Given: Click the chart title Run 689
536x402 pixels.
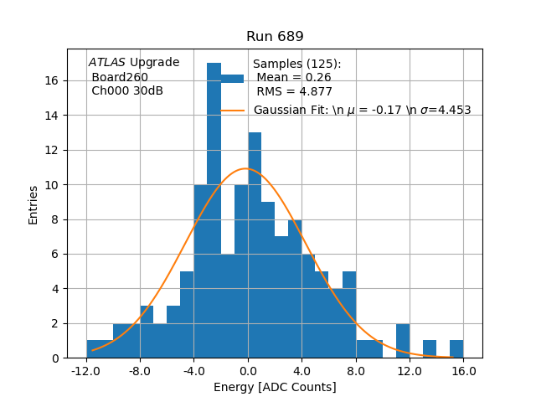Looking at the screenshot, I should point(275,37).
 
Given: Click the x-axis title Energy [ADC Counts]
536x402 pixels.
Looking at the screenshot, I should point(275,387).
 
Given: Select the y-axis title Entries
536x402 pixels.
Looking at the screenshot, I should point(33,204).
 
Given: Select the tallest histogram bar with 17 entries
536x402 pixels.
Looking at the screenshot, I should point(214,209).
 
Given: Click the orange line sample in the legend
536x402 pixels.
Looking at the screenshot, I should point(233,110).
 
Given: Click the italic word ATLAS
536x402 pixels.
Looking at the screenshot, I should point(106,62).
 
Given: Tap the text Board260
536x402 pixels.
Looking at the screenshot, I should point(120,77).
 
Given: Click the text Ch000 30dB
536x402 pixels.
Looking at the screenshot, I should point(127,90).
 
